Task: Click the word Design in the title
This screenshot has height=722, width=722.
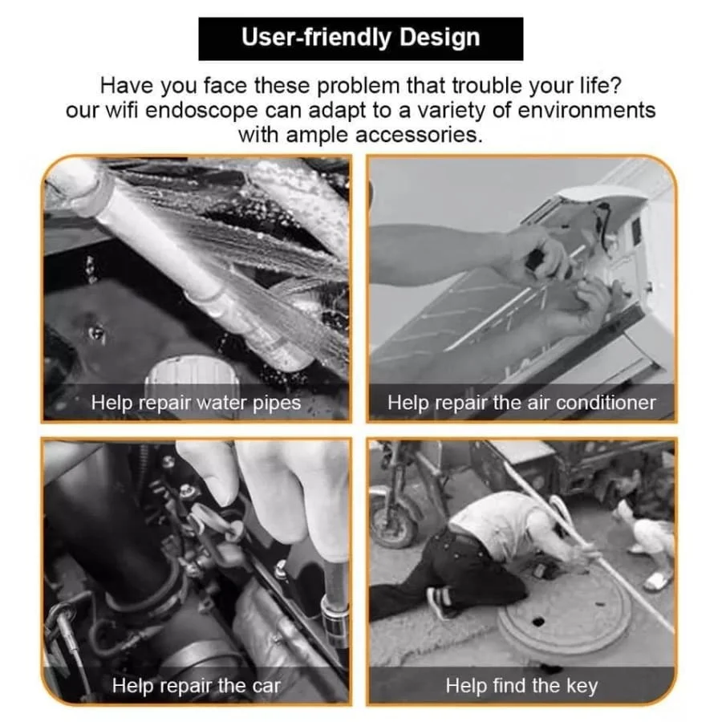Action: tap(440, 39)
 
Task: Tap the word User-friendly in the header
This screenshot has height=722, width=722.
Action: tap(316, 37)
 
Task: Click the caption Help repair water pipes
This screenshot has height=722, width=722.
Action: tap(196, 403)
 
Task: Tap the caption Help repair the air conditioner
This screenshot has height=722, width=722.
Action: tap(521, 403)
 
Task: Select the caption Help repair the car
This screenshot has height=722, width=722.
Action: tap(197, 686)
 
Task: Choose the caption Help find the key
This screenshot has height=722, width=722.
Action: tap(521, 686)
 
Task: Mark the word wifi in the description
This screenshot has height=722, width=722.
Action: tap(122, 110)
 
